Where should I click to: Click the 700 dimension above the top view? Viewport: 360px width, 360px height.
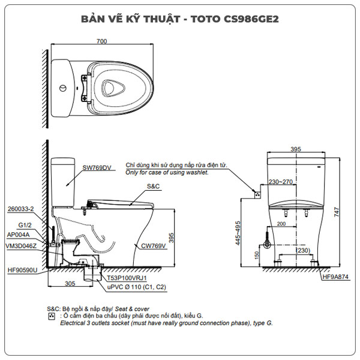[101, 41]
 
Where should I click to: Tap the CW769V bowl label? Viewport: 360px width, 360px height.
[155, 246]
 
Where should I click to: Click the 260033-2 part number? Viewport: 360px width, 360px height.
[22, 209]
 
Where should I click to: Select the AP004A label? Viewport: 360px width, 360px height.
[20, 235]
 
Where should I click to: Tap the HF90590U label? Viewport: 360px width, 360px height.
[23, 271]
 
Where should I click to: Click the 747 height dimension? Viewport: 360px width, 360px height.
[338, 211]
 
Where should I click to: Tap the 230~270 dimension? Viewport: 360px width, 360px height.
[281, 182]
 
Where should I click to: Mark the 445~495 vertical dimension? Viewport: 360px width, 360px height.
[238, 233]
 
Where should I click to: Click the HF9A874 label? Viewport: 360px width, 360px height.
[334, 278]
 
